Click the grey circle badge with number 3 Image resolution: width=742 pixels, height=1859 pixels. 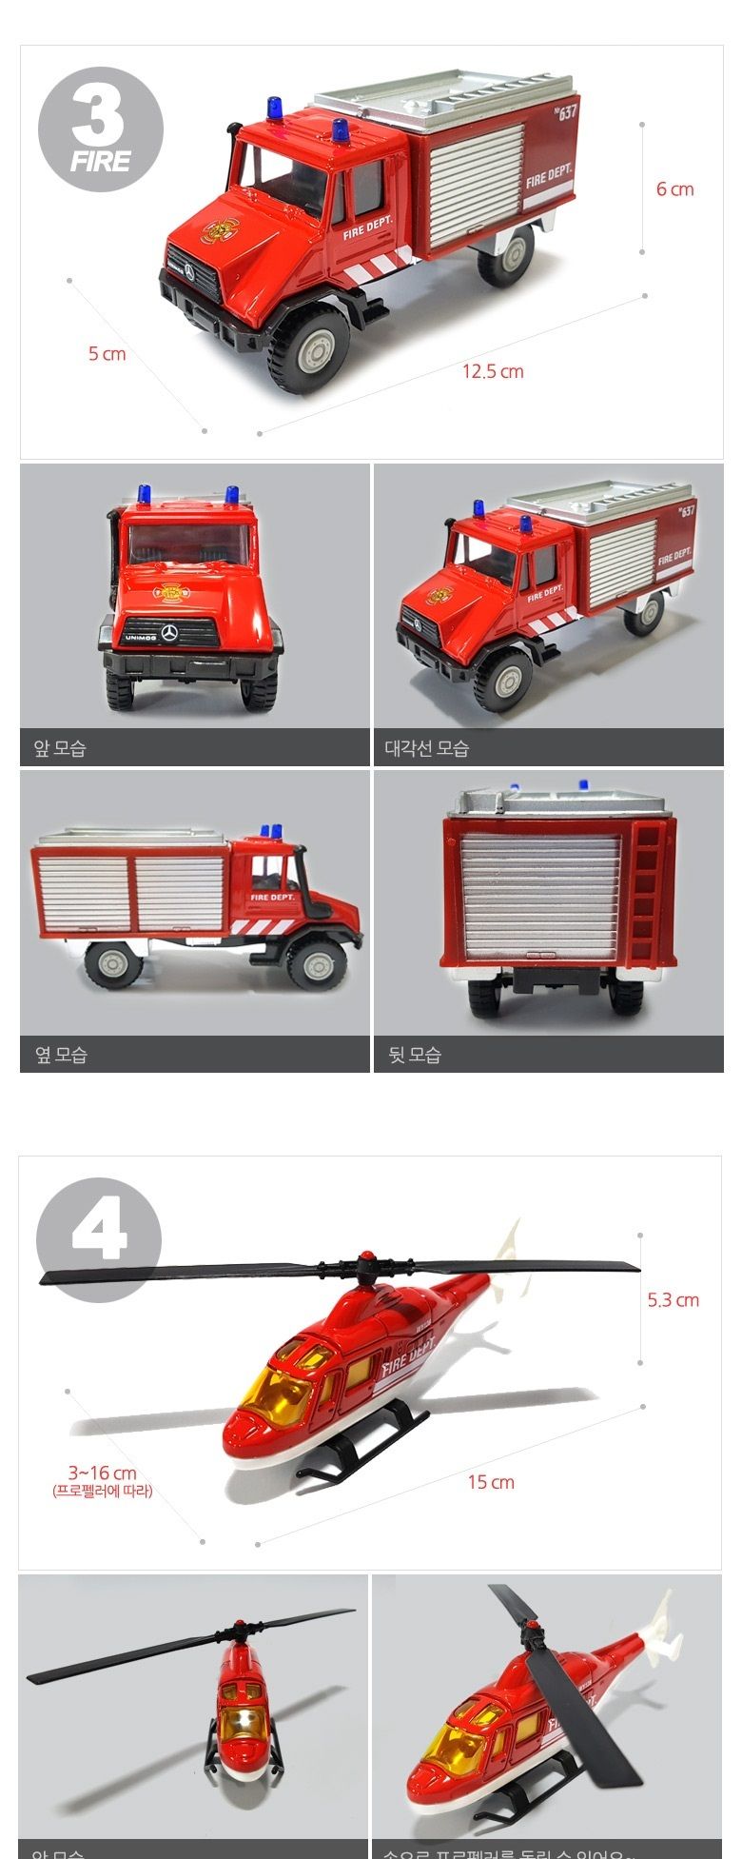(x=100, y=129)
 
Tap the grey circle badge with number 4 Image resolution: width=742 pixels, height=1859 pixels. (x=99, y=1239)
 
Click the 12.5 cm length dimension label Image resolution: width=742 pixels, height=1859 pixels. (x=493, y=371)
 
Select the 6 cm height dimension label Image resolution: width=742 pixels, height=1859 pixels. (x=674, y=189)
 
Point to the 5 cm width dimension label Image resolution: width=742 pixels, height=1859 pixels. (x=107, y=354)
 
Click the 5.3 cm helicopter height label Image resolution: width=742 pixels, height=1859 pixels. (x=673, y=1300)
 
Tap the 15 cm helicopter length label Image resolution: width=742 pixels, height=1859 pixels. (x=491, y=1482)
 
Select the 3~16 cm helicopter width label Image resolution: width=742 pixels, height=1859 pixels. (x=102, y=1473)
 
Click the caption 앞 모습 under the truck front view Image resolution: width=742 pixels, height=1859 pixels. (x=60, y=749)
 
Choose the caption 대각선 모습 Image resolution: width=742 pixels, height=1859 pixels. (x=427, y=749)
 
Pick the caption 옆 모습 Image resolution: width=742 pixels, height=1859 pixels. (x=61, y=1055)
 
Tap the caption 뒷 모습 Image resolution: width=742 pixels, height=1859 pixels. (x=415, y=1055)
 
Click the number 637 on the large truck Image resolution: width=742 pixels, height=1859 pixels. (x=567, y=112)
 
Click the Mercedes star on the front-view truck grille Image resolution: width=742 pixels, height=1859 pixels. (x=169, y=633)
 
